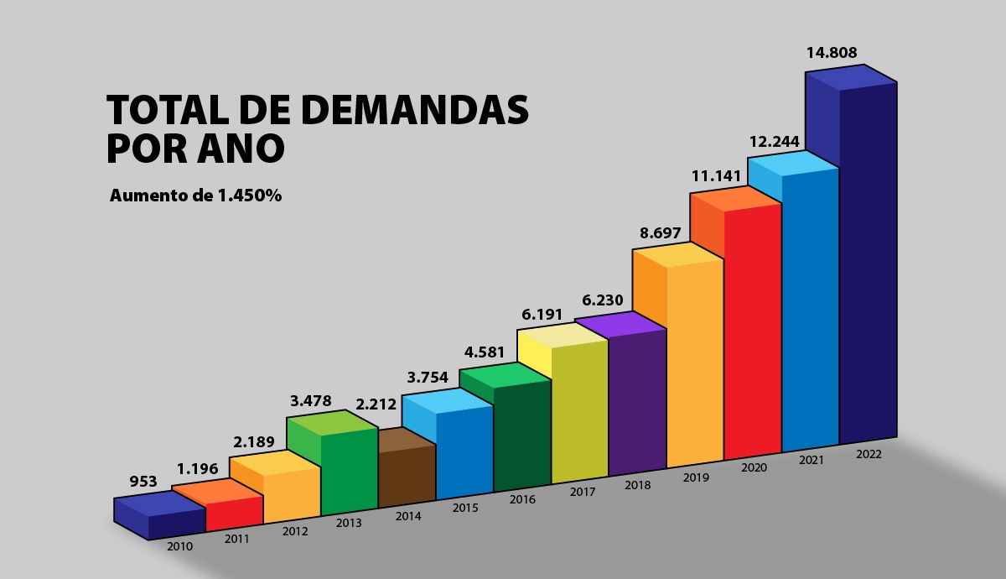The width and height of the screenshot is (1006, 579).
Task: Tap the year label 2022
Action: coord(869,454)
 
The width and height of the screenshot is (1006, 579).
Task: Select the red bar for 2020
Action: coord(752,331)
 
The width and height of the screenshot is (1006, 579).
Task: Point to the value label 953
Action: coord(143,482)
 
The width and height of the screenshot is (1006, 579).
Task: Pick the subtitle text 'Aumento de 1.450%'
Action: coord(195,196)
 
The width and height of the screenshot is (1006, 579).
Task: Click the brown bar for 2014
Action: coord(407,474)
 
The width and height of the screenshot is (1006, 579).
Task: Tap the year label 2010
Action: coord(179,546)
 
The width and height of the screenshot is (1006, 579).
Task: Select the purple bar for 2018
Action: coord(637,401)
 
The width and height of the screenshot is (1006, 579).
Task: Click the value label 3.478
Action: coord(311,401)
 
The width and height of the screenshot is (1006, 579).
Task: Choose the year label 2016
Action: coord(522,499)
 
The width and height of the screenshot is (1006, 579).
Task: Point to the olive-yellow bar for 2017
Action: coord(579,411)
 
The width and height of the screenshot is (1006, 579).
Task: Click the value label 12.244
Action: coord(774,141)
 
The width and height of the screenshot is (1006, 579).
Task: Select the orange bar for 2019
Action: coord(694,363)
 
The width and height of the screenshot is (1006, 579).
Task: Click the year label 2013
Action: coord(349,523)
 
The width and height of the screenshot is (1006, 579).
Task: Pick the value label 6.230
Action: coord(603,300)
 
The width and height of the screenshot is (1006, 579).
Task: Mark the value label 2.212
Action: coord(376,405)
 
